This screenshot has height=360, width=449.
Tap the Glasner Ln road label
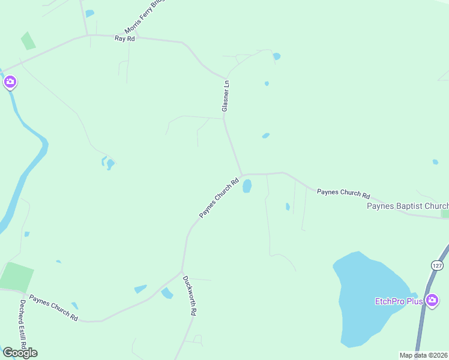pyautogui.click(x=226, y=97)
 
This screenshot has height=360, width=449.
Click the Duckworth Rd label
pyautogui.click(x=190, y=296)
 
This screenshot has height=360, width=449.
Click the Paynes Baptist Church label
pyautogui.click(x=408, y=206)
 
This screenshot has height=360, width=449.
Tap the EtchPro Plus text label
pyautogui.click(x=399, y=301)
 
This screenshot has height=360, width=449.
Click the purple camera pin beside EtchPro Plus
pyautogui.click(x=432, y=300)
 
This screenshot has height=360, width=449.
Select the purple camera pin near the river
pyautogui.click(x=10, y=82)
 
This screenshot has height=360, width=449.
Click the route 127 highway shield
pyautogui.click(x=436, y=265)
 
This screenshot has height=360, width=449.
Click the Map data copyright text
pyautogui.click(x=424, y=355)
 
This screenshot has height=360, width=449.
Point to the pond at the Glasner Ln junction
pyautogui.click(x=247, y=186)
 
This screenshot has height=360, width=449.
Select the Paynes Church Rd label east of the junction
pyautogui.click(x=343, y=193)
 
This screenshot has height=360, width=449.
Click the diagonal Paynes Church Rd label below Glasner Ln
pyautogui.click(x=219, y=197)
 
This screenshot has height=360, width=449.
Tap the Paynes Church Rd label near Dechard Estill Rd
pyautogui.click(x=53, y=307)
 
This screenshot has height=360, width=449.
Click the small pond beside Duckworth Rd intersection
pyautogui.click(x=167, y=293)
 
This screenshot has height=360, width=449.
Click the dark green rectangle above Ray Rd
pyautogui.click(x=28, y=41)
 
